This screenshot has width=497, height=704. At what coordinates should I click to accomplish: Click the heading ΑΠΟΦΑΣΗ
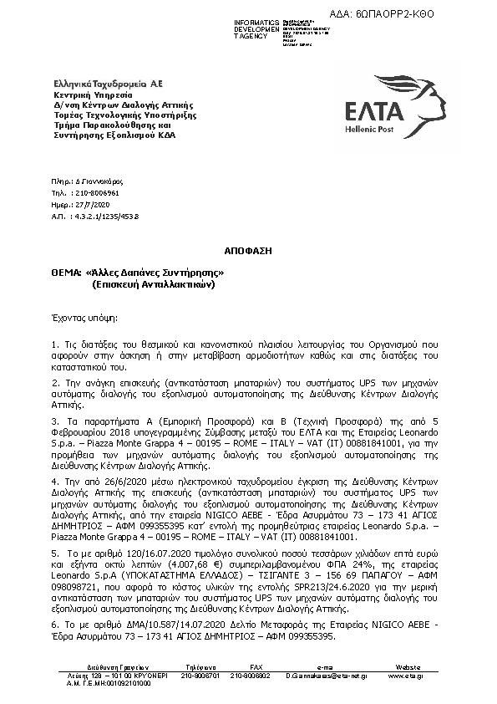pyautogui.click(x=248, y=250)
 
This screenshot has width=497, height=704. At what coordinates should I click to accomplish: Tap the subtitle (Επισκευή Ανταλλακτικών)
pyautogui.click(x=154, y=284)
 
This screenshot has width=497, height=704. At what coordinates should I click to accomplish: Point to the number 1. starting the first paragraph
pyautogui.click(x=54, y=344)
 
